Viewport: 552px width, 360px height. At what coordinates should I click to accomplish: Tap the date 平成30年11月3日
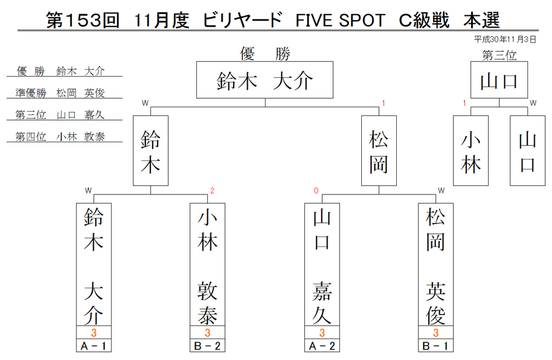tap(505, 39)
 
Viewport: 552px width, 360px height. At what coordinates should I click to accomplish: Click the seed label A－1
tap(94, 345)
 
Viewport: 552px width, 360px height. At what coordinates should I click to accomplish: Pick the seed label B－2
tap(207, 345)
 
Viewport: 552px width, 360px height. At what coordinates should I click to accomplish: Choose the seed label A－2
tap(322, 345)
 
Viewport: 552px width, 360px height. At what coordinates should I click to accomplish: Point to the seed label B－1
tap(435, 345)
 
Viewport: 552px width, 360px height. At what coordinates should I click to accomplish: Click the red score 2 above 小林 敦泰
tap(212, 191)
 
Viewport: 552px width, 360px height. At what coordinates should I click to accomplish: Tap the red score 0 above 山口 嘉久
tap(316, 191)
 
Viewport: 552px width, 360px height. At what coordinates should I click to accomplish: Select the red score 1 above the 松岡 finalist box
tap(383, 103)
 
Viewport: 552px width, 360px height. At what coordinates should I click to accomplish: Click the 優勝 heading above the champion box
tap(265, 54)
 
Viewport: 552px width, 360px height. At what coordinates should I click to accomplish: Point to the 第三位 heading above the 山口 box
tap(499, 55)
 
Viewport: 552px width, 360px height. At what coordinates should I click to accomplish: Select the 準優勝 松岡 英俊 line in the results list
tap(60, 93)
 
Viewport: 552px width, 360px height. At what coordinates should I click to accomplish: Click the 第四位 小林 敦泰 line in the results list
tap(60, 137)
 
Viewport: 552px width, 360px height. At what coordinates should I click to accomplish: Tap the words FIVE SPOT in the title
tap(340, 20)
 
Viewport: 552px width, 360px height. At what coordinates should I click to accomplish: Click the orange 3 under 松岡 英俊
tap(436, 332)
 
